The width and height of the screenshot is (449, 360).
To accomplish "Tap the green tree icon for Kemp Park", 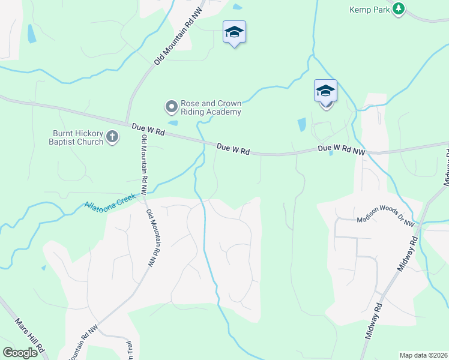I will click(398, 8).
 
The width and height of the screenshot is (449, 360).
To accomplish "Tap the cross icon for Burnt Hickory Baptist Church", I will click(112, 137).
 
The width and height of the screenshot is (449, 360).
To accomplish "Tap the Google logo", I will click(20, 353).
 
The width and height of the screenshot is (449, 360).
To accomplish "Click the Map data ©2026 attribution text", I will click(423, 355).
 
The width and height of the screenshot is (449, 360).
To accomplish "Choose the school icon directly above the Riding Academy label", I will click(234, 32).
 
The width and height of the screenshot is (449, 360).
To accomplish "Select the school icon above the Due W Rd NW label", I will click(325, 91).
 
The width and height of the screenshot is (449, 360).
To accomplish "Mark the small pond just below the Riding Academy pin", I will click(173, 123).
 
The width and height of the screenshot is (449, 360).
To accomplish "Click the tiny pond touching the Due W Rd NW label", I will click(331, 153).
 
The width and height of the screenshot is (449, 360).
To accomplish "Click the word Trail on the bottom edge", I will click(128, 350).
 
